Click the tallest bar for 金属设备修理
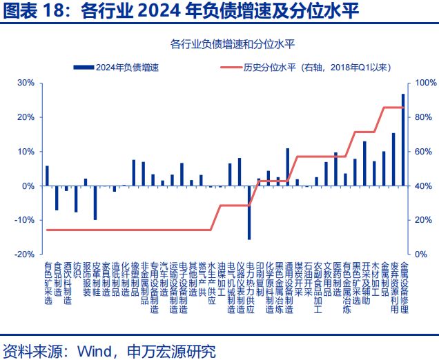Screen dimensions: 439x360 point(403,140)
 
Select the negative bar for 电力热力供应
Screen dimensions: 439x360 point(249,212)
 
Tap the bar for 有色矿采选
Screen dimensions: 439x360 point(47,176)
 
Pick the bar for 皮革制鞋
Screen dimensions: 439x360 point(95,203)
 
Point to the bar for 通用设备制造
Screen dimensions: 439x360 point(288,167)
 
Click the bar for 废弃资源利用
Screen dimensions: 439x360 point(393,159)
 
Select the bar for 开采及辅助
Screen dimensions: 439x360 point(364,163)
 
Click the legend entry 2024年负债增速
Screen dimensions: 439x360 point(116,68)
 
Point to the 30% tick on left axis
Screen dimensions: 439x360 point(26,83)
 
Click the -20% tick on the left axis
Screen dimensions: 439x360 point(24,254)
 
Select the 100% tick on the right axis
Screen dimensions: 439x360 point(426,83)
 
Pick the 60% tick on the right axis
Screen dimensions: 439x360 point(423,152)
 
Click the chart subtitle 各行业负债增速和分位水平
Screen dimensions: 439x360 point(233,44)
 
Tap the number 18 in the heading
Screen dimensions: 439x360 point(56,12)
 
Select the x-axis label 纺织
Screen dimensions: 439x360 point(77,270)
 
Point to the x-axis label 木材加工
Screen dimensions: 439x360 point(375,279)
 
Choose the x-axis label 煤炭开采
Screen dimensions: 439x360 point(298,279)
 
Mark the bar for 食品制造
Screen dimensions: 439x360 point(57,198)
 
